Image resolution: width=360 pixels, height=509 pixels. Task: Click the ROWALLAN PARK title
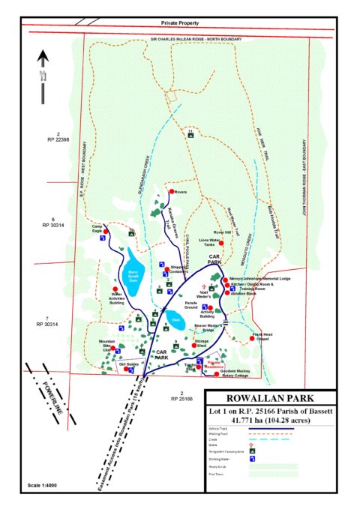click(271, 397)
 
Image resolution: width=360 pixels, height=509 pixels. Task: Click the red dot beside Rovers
click(170, 193)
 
